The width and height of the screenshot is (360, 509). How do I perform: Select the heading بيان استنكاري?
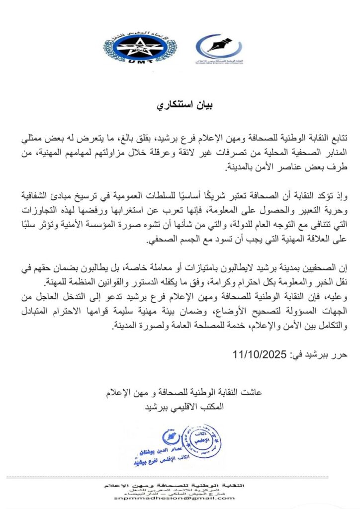click(x=180, y=106)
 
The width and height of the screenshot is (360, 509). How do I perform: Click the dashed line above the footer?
click(x=180, y=477)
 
